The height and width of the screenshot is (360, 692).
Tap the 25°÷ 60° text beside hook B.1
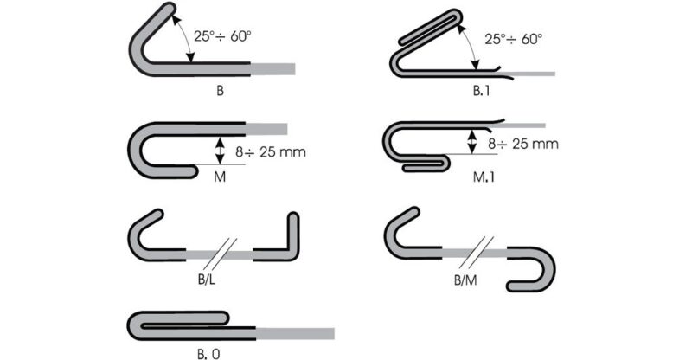(x=513, y=39)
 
